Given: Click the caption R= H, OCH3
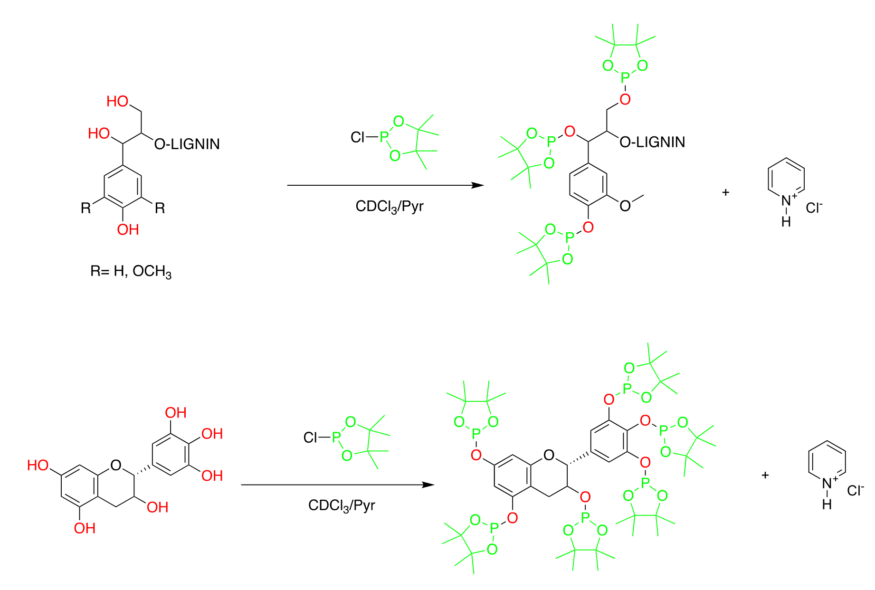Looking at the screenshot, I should (x=131, y=272).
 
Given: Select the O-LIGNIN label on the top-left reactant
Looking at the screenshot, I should (x=187, y=144).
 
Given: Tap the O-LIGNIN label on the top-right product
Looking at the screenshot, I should (x=652, y=142).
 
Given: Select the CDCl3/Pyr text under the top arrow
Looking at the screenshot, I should (x=389, y=207).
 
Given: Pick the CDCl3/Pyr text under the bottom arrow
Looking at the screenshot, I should (x=342, y=505).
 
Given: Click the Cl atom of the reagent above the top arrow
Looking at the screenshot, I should (x=357, y=137).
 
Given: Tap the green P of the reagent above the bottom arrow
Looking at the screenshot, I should (x=336, y=437).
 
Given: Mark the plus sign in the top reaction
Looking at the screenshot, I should (x=725, y=192).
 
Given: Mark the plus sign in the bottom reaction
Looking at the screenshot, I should (x=765, y=475).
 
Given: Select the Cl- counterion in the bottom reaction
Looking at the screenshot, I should (x=855, y=490).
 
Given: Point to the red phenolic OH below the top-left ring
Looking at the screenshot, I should (x=128, y=230).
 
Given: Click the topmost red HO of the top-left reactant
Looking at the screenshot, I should (x=117, y=101).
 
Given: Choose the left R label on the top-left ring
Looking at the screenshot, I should (x=86, y=208).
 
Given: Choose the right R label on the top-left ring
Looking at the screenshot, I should (x=160, y=208).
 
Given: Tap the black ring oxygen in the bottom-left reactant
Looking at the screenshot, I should (x=115, y=465).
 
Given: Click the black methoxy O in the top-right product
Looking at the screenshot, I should (x=625, y=206).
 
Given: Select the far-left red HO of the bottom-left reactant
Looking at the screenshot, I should (x=38, y=465).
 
